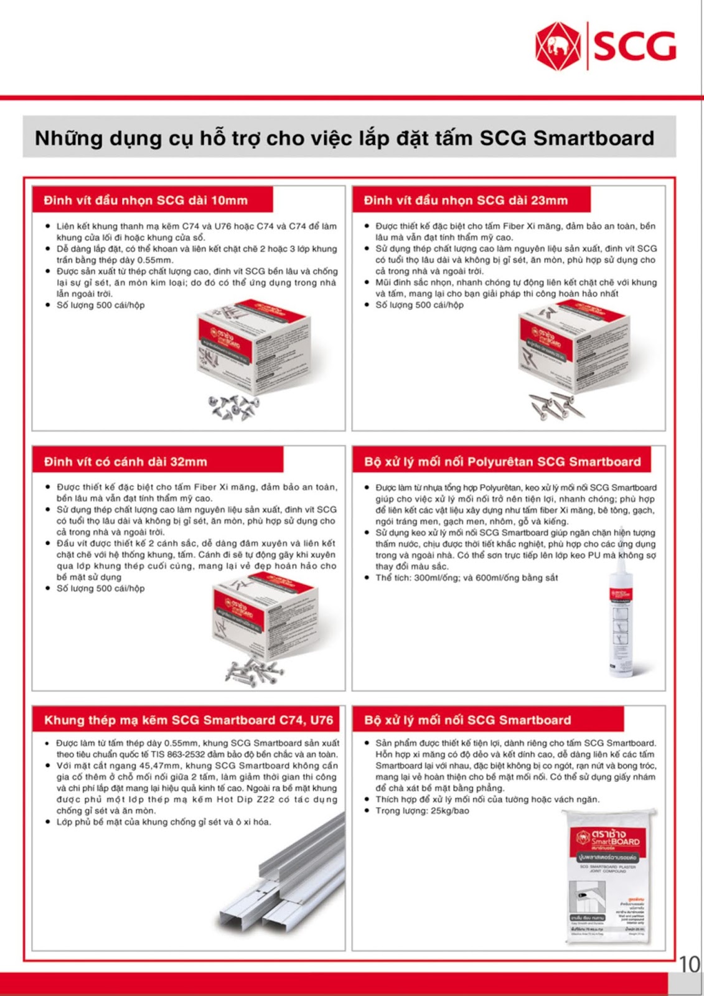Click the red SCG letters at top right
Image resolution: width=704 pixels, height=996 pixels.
point(634,46)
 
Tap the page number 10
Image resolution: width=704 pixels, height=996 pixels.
point(689,964)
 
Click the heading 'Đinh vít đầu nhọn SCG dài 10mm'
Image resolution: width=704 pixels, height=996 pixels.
point(146,200)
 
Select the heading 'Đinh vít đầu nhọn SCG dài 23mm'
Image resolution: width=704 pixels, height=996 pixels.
point(466,200)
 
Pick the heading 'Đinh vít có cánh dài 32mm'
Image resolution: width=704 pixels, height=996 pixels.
point(125,462)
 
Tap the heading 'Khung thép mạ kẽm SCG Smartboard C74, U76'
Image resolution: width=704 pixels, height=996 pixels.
point(188,720)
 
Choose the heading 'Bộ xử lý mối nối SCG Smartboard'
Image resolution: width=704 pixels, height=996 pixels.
point(467,720)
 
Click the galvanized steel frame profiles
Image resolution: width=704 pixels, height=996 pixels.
point(280,890)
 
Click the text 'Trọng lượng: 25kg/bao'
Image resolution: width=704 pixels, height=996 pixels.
point(422,810)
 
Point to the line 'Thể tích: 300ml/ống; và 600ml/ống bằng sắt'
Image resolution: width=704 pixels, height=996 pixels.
point(466,578)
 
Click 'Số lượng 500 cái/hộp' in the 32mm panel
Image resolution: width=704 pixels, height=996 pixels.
point(100,588)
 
